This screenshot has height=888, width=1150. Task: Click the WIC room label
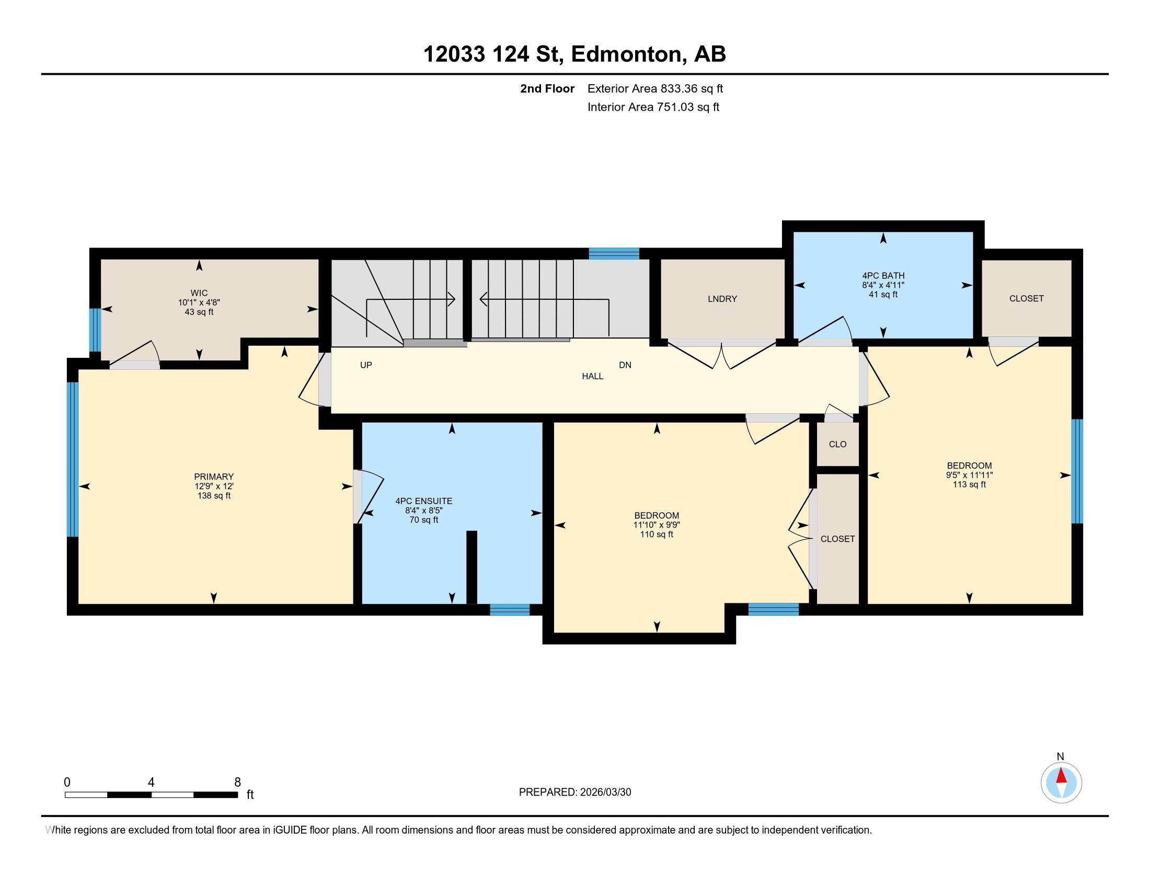199,293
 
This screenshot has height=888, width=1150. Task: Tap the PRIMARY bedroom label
214,476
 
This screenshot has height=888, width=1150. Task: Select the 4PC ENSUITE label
424,501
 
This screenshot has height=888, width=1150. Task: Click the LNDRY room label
722,299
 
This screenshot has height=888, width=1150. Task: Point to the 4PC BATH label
883,276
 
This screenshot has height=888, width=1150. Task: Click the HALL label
592,376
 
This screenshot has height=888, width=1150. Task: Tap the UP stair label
366,365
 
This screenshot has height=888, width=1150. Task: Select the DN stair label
625,365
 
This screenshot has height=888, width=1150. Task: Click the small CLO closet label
838,444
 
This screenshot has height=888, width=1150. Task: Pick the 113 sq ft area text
969,485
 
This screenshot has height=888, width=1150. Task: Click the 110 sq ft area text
657,534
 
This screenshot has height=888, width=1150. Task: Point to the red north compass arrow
1061,776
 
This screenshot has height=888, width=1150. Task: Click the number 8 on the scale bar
237,782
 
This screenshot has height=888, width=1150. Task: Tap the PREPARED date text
575,792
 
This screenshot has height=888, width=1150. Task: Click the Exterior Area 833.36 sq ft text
655,88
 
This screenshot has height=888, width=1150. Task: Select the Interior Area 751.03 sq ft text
653,107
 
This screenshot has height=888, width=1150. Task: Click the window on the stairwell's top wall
614,253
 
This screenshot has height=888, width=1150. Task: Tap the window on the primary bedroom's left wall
73,459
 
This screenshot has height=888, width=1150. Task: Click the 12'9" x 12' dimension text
214,486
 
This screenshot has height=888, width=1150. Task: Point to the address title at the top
575,54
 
